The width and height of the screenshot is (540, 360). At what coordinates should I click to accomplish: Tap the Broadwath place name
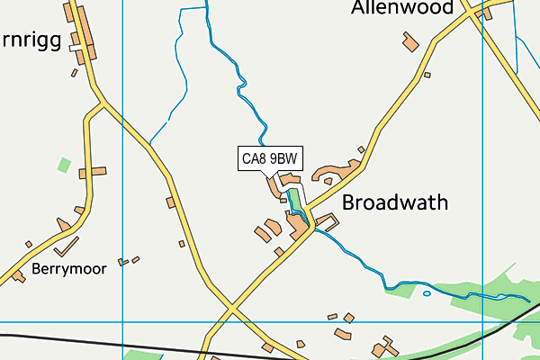[x=395, y=202]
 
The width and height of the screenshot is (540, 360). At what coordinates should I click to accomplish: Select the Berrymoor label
[x=68, y=268]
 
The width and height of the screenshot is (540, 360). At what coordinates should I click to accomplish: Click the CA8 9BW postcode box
[x=270, y=159]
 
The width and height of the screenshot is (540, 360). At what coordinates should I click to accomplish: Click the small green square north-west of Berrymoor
[x=64, y=165]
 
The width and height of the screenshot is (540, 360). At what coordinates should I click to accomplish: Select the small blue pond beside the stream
[x=427, y=292]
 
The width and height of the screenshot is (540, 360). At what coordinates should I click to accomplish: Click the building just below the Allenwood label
[x=411, y=42]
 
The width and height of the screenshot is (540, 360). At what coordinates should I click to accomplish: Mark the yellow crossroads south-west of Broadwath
[x=231, y=310]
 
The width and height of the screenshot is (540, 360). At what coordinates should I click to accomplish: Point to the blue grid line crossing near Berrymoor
[x=122, y=320]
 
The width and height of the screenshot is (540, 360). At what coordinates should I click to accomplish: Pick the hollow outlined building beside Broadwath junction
[x=326, y=221]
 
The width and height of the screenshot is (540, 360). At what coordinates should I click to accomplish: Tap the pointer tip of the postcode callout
[x=275, y=175]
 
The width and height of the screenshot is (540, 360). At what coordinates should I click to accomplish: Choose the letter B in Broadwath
[x=349, y=202]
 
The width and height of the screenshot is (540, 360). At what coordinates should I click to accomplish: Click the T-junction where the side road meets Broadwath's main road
[x=312, y=227]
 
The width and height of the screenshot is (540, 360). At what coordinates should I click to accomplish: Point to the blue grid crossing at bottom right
[x=483, y=320]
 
